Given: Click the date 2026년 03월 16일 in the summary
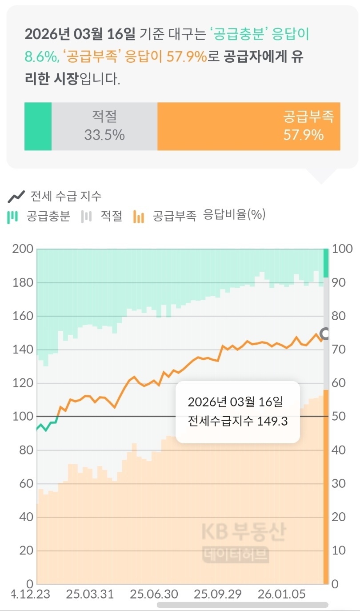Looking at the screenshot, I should (x=80, y=33).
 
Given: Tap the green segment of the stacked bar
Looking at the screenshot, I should (x=38, y=126).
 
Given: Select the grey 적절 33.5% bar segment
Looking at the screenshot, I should (x=104, y=126).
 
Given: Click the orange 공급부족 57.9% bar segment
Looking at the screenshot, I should (x=249, y=126).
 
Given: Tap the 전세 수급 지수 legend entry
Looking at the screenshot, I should (x=55, y=196).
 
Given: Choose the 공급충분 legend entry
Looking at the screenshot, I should (x=40, y=217).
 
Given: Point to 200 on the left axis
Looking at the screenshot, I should (x=23, y=249).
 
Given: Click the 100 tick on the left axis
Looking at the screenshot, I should (x=23, y=417).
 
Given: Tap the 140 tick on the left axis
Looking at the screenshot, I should (x=23, y=350).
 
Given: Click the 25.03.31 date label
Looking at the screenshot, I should (x=90, y=594).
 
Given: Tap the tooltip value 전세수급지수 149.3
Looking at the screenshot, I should (x=238, y=421).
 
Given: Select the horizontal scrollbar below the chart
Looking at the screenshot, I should (x=243, y=605).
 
